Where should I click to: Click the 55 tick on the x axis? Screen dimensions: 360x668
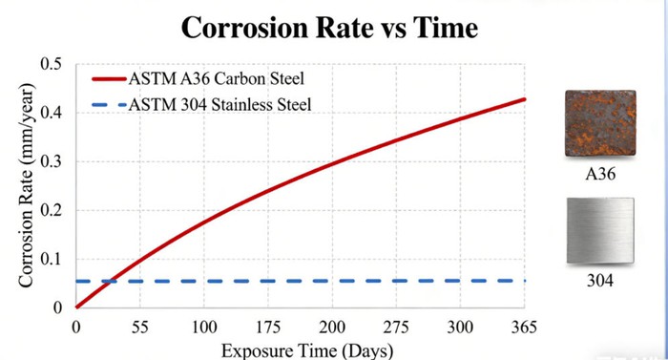pyautogui.click(x=139, y=327)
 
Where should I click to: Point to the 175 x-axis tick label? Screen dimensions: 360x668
pyautogui.click(x=268, y=327)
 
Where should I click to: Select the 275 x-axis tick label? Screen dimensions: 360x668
pyautogui.click(x=396, y=327)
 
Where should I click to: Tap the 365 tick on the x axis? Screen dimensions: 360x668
pyautogui.click(x=525, y=327)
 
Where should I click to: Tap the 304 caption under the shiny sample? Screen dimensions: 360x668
pyautogui.click(x=600, y=283)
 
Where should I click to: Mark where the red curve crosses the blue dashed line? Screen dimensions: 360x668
pyautogui.click(x=112, y=281)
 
